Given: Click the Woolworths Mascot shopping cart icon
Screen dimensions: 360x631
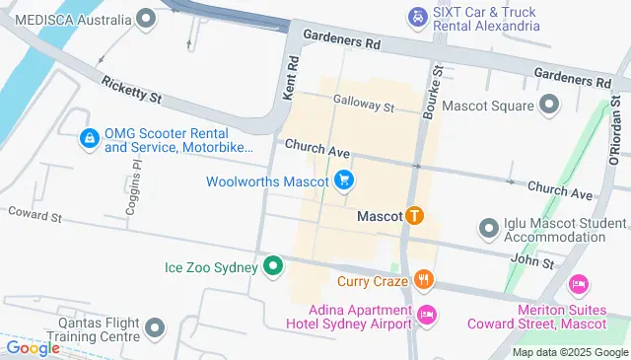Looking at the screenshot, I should [344, 180].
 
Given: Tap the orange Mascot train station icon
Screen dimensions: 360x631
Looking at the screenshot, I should [415, 215].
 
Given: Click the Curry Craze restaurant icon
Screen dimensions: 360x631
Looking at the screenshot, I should [424, 280].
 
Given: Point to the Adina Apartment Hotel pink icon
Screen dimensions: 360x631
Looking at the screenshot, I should [427, 315].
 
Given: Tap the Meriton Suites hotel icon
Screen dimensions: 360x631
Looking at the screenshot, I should [579, 284].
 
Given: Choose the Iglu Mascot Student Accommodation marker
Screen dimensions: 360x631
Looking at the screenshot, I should [487, 229].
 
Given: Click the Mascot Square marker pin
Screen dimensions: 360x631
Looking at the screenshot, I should [550, 105].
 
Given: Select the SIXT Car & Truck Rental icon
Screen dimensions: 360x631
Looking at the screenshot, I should [418, 17].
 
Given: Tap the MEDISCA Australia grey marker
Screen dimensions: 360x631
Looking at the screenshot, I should [147, 19].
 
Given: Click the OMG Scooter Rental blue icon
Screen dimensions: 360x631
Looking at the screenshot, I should [90, 139].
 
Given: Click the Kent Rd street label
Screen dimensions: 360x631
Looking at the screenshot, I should [292, 74].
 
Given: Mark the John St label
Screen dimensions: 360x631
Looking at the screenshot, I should [531, 260].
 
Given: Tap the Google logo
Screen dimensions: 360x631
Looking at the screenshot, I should [33, 348].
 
